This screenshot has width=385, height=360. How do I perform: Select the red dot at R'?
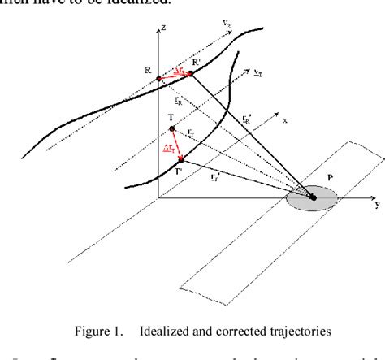190,74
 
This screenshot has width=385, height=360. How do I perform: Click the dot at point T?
172,129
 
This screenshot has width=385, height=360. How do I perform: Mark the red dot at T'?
182,159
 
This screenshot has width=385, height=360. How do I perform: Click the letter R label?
147,71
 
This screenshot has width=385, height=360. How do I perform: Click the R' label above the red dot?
196,62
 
